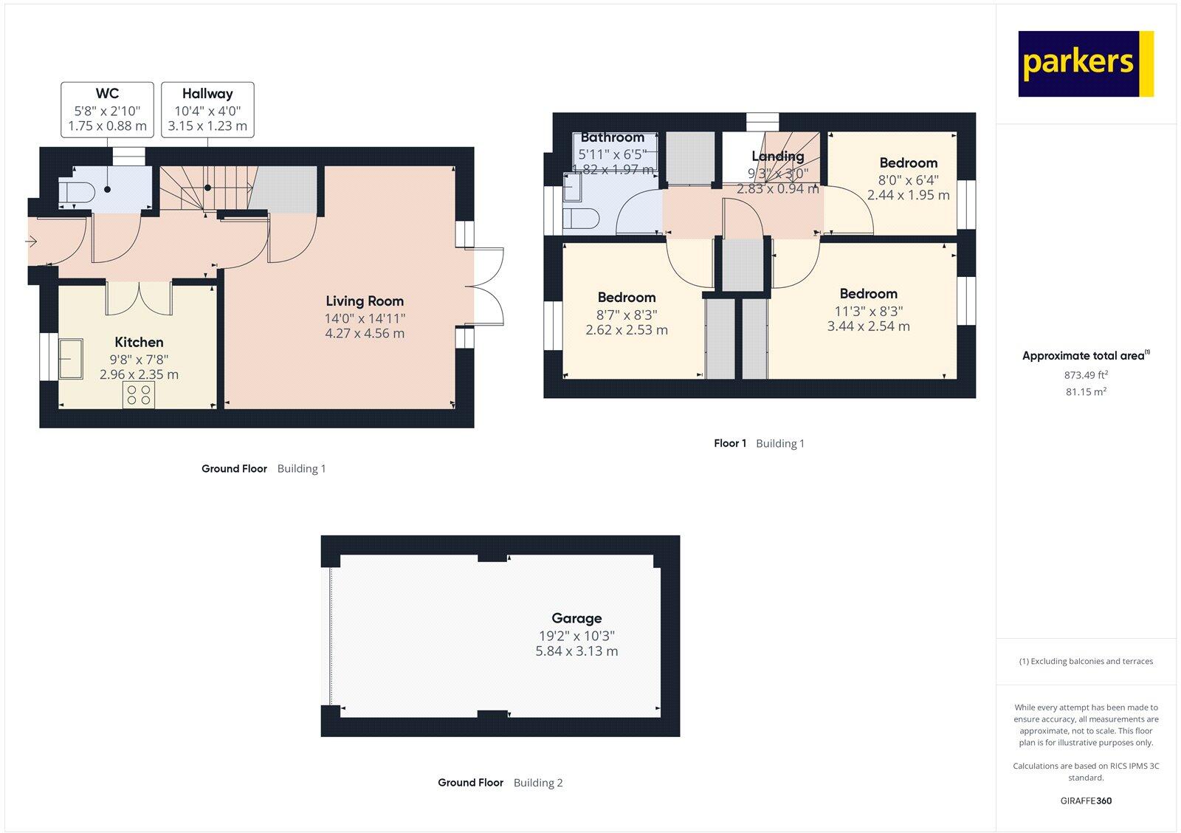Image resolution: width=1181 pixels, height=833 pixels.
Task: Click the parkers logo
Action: point(1085,64)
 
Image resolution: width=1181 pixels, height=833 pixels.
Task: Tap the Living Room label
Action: point(365,301)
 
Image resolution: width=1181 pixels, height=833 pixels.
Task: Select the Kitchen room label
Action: point(139,342)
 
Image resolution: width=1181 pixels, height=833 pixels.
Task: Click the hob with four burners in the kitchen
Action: point(139,394)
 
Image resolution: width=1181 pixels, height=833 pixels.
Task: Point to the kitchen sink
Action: point(72,357)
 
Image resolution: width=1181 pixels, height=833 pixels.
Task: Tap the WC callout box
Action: point(107,109)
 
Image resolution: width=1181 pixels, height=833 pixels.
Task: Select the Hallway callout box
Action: point(207,109)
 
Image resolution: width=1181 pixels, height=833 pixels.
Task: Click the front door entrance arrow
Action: point(31,241)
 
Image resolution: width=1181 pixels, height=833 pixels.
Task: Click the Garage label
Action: point(576,618)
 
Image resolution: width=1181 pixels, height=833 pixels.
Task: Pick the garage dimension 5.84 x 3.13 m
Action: point(576,651)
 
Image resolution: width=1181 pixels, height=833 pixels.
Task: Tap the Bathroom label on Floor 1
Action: point(612,137)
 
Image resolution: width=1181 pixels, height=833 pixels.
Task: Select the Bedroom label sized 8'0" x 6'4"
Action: point(908,163)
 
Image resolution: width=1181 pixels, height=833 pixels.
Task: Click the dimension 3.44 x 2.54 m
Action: point(868,326)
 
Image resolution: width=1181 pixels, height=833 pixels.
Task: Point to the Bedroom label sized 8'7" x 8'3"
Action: point(626,298)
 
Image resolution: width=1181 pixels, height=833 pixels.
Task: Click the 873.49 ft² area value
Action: point(1086,375)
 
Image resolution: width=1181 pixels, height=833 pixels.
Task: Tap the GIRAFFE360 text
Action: point(1086,801)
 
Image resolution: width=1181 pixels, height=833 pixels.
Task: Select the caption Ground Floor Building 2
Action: point(500,783)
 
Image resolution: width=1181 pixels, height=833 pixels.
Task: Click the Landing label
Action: point(777,156)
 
